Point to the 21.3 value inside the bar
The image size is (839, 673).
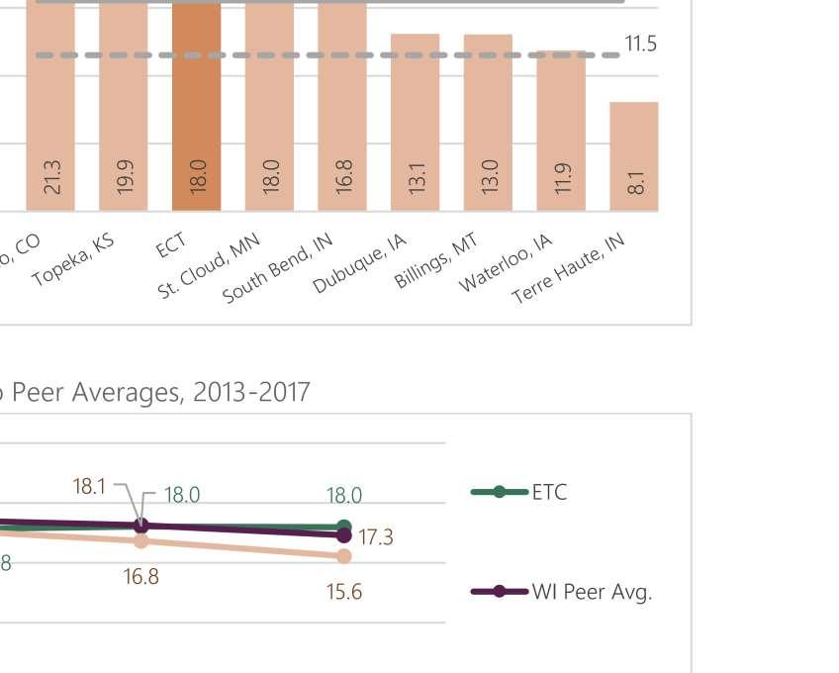[53, 177]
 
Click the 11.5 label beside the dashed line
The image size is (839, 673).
[640, 44]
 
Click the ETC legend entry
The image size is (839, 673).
[518, 492]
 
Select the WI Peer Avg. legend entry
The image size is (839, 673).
[562, 592]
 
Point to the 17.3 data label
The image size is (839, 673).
[376, 537]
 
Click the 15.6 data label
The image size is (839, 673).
[343, 592]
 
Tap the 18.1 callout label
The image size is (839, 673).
[89, 487]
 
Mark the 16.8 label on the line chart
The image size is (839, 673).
[140, 576]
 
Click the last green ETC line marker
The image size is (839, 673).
[343, 527]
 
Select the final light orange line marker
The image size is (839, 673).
[343, 556]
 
